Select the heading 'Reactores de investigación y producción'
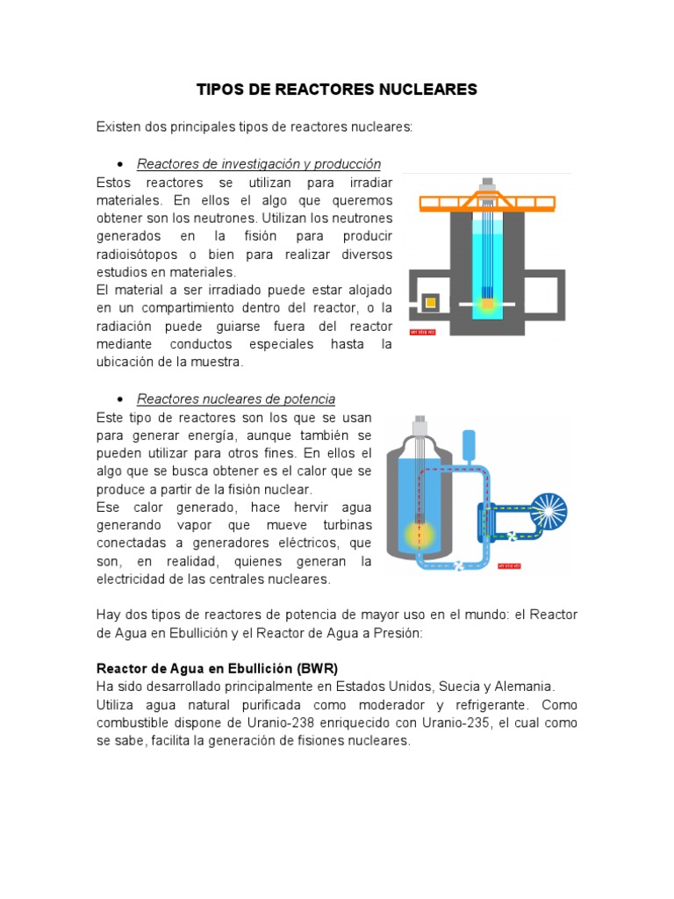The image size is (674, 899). [259, 164]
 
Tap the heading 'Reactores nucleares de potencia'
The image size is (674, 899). [236, 399]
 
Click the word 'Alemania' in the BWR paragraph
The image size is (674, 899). [527, 686]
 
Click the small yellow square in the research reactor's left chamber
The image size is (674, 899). [430, 303]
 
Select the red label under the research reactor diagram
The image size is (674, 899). [423, 332]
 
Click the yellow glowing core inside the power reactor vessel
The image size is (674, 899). [419, 532]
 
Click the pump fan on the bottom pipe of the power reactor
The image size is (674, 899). [457, 566]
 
